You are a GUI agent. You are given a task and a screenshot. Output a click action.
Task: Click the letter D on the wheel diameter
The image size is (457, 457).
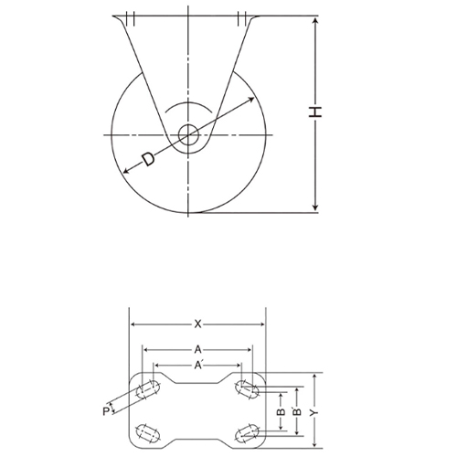[x=147, y=161]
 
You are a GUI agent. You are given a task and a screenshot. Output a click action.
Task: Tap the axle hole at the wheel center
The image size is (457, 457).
[x=189, y=135]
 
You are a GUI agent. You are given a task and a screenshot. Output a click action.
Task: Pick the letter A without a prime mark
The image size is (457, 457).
[x=197, y=348]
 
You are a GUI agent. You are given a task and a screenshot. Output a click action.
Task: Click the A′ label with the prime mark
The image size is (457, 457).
[x=198, y=366]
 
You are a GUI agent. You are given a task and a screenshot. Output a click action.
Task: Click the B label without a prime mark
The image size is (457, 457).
[x=282, y=412]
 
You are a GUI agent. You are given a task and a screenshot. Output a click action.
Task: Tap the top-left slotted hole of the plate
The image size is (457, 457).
[x=144, y=390]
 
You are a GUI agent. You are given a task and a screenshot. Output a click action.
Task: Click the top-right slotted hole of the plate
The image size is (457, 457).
[x=246, y=390]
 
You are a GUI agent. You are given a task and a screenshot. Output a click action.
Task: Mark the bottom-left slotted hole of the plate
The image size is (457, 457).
[x=144, y=431]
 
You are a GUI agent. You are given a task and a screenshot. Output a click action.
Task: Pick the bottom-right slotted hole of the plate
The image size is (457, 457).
[x=246, y=431]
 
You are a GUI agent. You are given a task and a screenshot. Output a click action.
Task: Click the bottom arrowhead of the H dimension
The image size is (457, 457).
[x=315, y=209]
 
